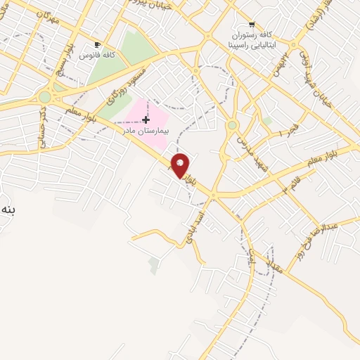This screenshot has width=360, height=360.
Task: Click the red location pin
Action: pos(181,165)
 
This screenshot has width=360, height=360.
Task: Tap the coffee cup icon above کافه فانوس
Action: pos(97,44)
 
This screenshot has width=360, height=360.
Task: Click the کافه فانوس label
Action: pos(97,54)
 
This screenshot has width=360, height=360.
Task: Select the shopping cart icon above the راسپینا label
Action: pos(252,22)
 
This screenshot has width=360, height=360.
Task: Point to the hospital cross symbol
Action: pos(146,120)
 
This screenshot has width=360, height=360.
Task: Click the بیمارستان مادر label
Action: pos(146,130)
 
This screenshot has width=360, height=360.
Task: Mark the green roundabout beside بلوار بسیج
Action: pos(45,97)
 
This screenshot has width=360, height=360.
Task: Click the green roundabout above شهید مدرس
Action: pos(232,125)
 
